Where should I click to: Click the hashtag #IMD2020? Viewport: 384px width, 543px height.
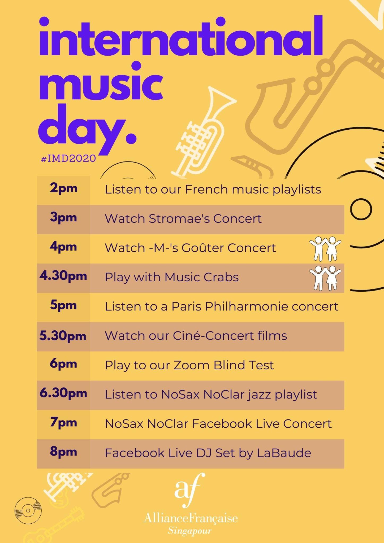68,158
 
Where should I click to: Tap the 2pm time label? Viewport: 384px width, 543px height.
63,189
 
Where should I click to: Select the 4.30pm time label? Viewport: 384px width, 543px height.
63,276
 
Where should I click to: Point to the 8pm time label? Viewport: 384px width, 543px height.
63,452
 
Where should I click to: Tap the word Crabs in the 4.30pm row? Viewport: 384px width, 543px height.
221,277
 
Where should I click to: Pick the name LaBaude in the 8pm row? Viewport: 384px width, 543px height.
284,453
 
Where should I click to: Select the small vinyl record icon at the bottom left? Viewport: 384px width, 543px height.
28,510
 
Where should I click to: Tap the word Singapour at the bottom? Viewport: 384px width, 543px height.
190,531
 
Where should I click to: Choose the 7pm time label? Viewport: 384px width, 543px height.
63,423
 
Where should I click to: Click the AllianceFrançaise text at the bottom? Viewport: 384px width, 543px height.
191,518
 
